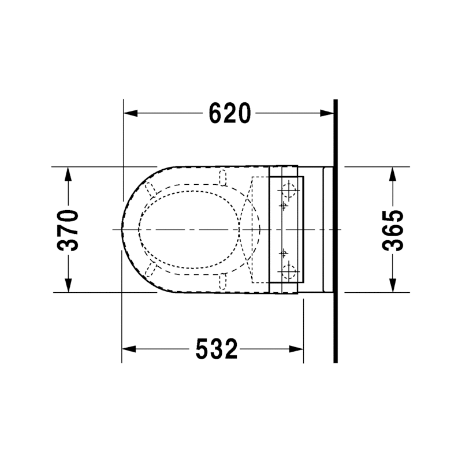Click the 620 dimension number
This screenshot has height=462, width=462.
[x=229, y=113]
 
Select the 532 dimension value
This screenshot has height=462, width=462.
[x=217, y=349]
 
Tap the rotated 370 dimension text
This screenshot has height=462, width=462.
[x=69, y=230]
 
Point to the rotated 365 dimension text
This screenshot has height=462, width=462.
[x=392, y=230]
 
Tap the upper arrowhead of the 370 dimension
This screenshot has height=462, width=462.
[x=69, y=174]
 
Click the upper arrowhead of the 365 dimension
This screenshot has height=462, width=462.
[x=392, y=174]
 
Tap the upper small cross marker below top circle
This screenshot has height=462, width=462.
[x=284, y=204]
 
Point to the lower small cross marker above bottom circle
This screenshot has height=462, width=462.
[x=284, y=252]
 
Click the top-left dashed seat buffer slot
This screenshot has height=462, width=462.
[x=152, y=189]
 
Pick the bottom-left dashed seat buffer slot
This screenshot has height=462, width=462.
[x=152, y=270]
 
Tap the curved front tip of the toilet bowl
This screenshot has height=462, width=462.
[x=121, y=230]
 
